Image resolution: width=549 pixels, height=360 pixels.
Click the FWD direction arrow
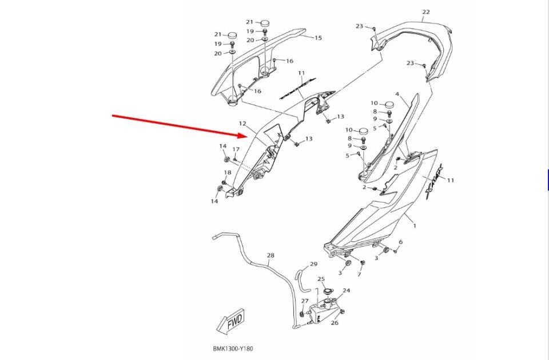[230, 322]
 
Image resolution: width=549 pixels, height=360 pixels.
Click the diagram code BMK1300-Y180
[233, 349]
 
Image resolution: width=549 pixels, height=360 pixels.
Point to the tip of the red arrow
[248, 136]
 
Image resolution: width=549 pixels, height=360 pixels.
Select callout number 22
[425, 12]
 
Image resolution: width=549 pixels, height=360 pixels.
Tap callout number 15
[318, 38]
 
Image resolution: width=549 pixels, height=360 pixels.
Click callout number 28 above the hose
[270, 255]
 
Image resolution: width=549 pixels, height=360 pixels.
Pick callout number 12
[242, 124]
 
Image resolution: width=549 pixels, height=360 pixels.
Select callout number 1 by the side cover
[415, 226]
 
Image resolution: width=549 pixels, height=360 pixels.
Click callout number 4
[397, 94]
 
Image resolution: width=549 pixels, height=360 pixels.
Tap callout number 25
[321, 279]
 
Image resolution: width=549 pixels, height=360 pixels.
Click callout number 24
[347, 290]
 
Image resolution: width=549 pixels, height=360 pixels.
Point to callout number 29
[313, 264]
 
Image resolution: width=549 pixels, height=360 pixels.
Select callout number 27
[305, 300]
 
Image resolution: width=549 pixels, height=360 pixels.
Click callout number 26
[335, 322]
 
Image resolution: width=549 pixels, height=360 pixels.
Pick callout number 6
[400, 242]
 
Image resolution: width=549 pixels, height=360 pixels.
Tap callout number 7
[359, 274]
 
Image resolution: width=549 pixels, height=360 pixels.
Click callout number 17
[236, 149]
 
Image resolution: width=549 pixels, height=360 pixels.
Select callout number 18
[228, 172]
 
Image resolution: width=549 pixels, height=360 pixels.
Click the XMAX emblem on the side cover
[434, 181]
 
